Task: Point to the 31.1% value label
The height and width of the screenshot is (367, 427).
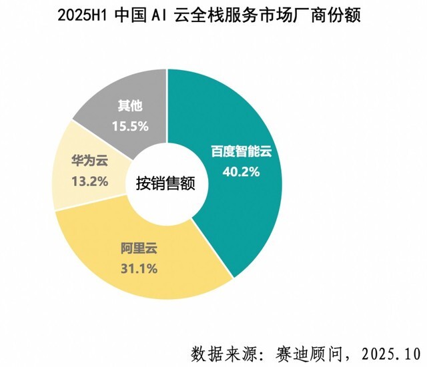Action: [139, 269]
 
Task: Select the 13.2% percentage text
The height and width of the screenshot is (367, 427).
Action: [89, 180]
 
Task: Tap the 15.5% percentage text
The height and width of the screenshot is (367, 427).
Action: [129, 125]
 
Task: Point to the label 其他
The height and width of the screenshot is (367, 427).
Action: [129, 105]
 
